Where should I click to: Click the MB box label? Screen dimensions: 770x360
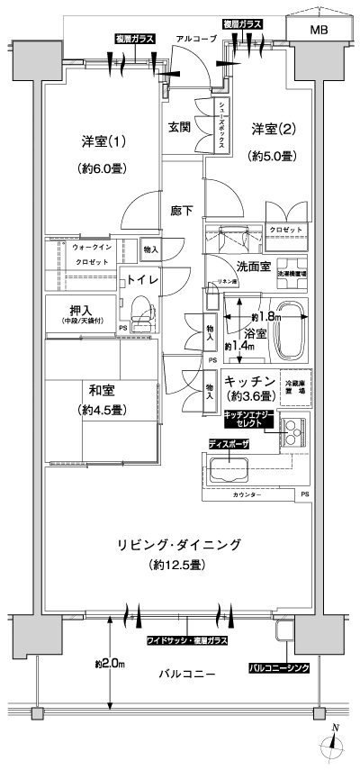[x=319, y=30]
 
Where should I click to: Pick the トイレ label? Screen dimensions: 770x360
[x=142, y=280]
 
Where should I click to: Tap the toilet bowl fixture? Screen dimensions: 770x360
[x=142, y=317]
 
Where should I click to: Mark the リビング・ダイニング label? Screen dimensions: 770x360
[x=179, y=545]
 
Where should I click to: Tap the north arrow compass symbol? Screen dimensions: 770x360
[x=334, y=744]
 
